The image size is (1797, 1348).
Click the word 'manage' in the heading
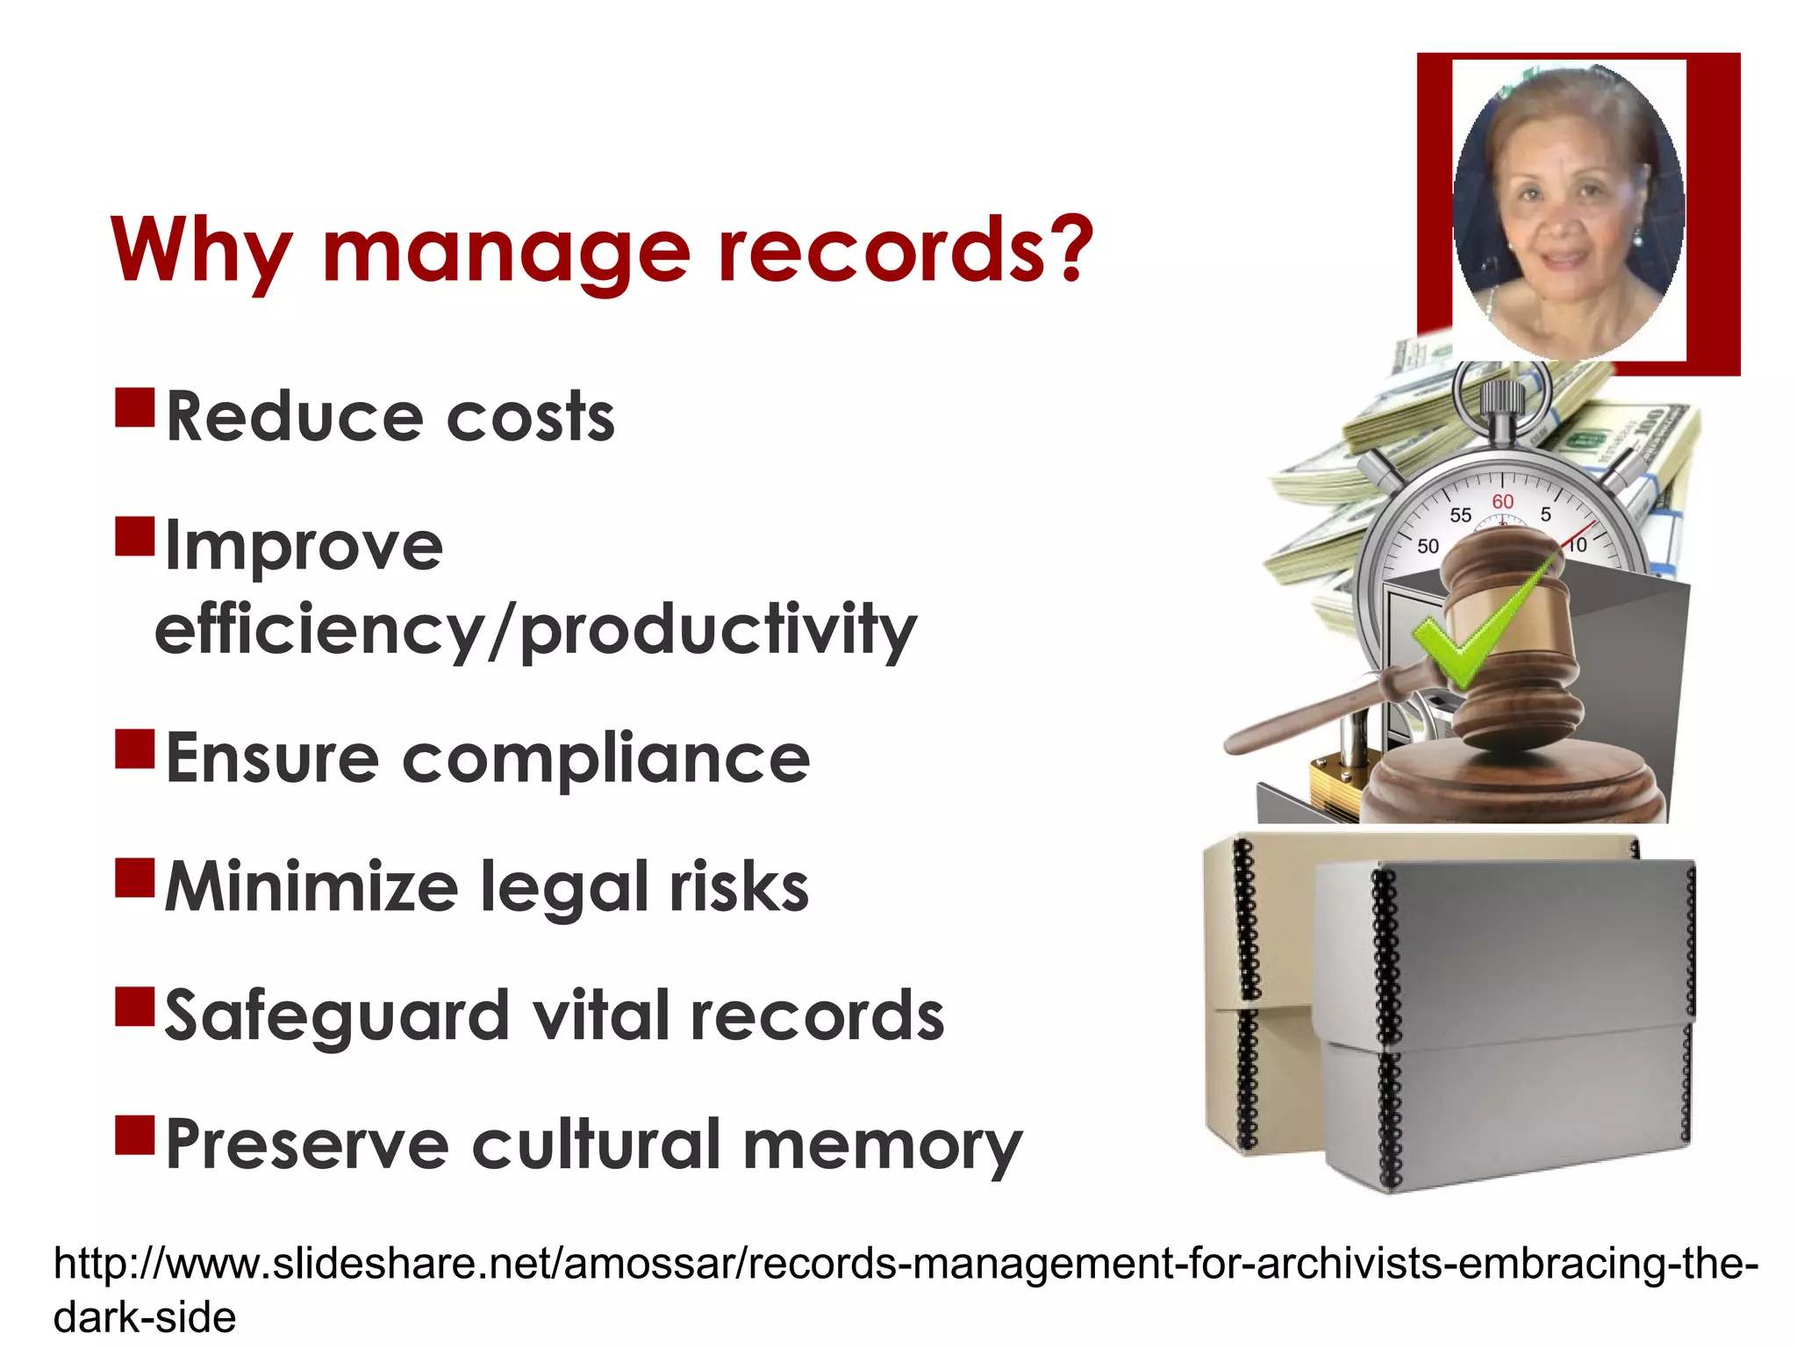[x=507, y=253]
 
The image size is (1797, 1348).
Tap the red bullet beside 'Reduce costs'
[x=134, y=407]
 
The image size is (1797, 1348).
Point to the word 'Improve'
[x=304, y=546]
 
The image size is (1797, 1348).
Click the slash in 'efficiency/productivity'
[x=500, y=630]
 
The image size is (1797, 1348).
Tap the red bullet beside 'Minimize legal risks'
[x=134, y=878]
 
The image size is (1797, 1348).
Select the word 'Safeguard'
[x=337, y=1016]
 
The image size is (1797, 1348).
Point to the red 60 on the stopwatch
[x=1502, y=501]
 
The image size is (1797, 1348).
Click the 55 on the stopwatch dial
[x=1460, y=515]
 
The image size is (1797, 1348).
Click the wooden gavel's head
[x=1511, y=632]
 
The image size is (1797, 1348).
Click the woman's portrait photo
[x=1569, y=211]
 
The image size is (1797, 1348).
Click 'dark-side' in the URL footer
[x=145, y=1317]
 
